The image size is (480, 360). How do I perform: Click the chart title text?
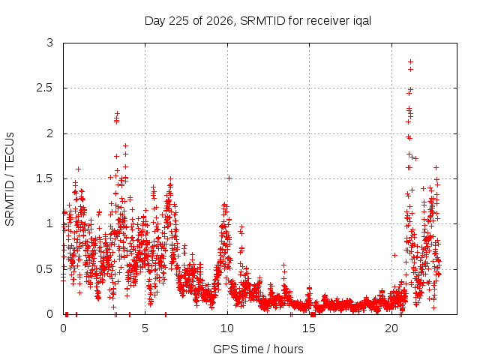coord(258,21)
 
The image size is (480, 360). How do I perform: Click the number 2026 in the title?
coord(220,21)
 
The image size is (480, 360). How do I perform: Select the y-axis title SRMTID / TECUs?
coord(10,179)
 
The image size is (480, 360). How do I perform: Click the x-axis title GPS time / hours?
coord(258,349)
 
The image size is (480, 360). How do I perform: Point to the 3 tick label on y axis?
coord(50,43)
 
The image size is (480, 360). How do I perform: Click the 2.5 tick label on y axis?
coord(45,88)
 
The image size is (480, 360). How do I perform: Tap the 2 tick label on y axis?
coord(50,133)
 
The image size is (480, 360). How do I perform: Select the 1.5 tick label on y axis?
coord(45,178)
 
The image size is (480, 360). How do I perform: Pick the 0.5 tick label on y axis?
coord(45,269)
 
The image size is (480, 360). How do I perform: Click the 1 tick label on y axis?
coord(50,223)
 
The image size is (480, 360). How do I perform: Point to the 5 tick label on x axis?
coord(145,328)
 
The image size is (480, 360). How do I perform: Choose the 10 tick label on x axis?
coord(227,328)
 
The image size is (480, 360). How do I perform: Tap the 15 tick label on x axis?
coord(309,328)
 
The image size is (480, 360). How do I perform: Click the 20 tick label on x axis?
coord(391,328)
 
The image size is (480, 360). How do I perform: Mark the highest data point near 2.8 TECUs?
coord(411,61)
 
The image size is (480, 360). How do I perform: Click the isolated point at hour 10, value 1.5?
coord(229,178)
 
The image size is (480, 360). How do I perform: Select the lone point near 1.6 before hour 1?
coord(78,169)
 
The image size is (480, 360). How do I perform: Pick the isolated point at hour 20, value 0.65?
coord(395,255)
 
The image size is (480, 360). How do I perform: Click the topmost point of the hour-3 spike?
coord(117,114)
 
